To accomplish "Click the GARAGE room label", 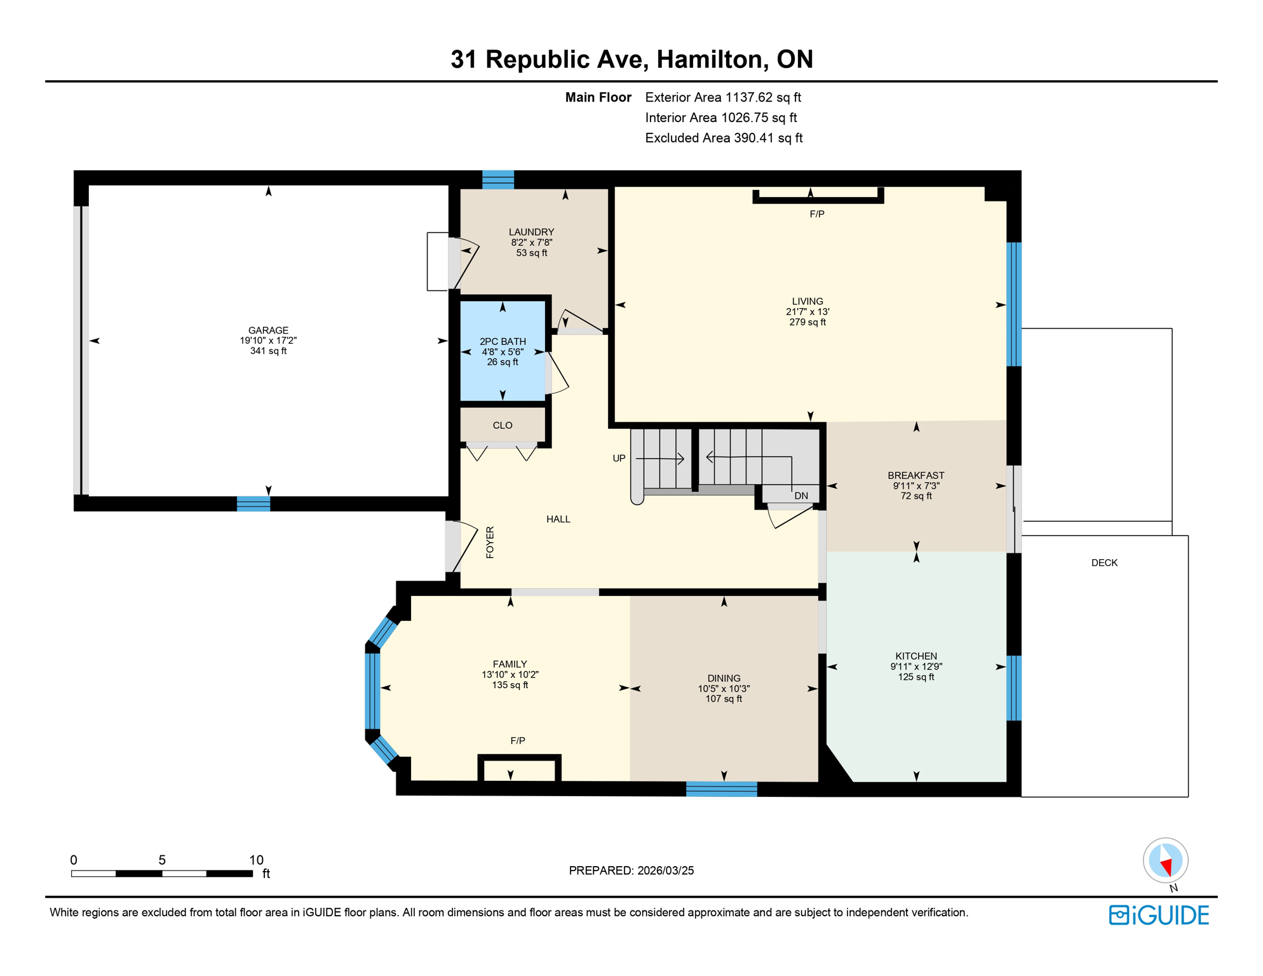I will click(x=268, y=330).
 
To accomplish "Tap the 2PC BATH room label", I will click(x=503, y=342).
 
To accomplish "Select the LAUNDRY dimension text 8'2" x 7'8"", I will click(x=532, y=243).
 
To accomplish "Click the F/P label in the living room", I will click(x=817, y=215).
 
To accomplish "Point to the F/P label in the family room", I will click(x=518, y=741).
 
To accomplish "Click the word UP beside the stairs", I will click(x=619, y=458).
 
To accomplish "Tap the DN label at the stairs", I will click(x=801, y=496).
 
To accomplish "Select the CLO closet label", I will click(x=503, y=426).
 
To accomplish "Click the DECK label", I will click(x=1104, y=563).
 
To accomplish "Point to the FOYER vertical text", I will click(x=490, y=542).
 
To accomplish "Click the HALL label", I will click(x=558, y=519).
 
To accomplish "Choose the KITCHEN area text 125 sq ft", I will click(x=915, y=677).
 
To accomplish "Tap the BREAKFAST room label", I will click(x=915, y=475).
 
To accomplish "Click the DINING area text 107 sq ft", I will click(x=724, y=699).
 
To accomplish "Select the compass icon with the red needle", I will click(x=1165, y=861).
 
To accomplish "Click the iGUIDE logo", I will click(x=1159, y=915).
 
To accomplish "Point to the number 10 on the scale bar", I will click(x=256, y=860).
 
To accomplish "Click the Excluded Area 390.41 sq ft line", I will click(x=724, y=138).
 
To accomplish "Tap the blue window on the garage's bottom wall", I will click(x=253, y=504).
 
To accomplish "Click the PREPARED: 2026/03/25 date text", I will click(x=631, y=871).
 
